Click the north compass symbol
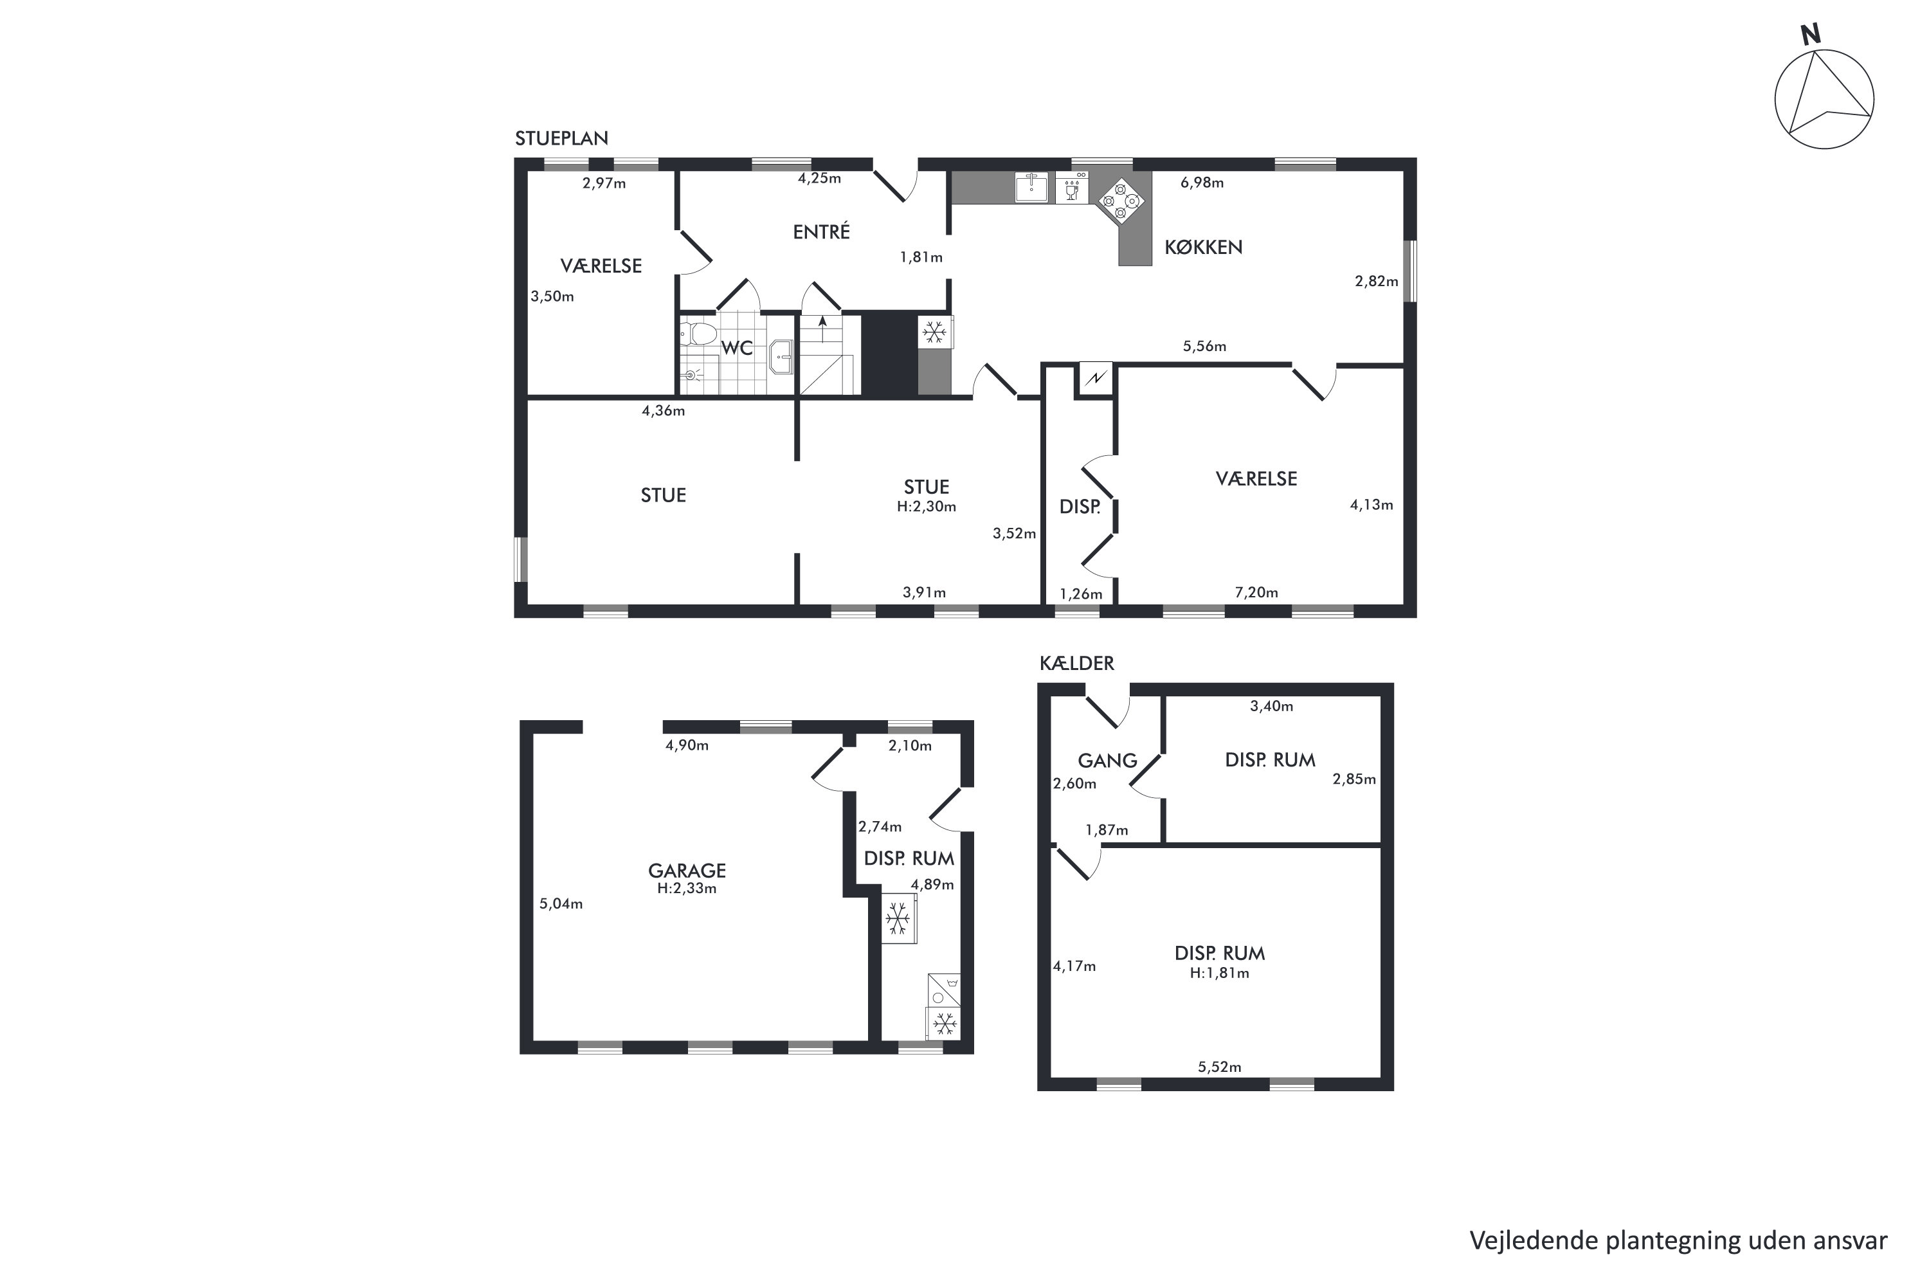pyautogui.click(x=1824, y=98)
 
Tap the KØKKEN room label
pyautogui.click(x=1203, y=247)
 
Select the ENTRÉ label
pyautogui.click(x=821, y=231)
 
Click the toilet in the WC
pyautogui.click(x=699, y=334)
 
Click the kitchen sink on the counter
pyautogui.click(x=1032, y=187)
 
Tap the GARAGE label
pyautogui.click(x=687, y=870)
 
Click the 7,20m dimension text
pyautogui.click(x=1256, y=592)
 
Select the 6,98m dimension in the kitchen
pyautogui.click(x=1202, y=182)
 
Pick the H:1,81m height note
pyautogui.click(x=1220, y=974)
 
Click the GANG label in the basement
pyautogui.click(x=1107, y=760)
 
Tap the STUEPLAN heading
pyautogui.click(x=562, y=138)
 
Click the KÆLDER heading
pyautogui.click(x=1077, y=663)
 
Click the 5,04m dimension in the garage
pyautogui.click(x=561, y=904)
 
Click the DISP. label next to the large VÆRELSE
pyautogui.click(x=1080, y=507)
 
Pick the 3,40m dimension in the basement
pyautogui.click(x=1271, y=705)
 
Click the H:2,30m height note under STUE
pyautogui.click(x=926, y=507)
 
